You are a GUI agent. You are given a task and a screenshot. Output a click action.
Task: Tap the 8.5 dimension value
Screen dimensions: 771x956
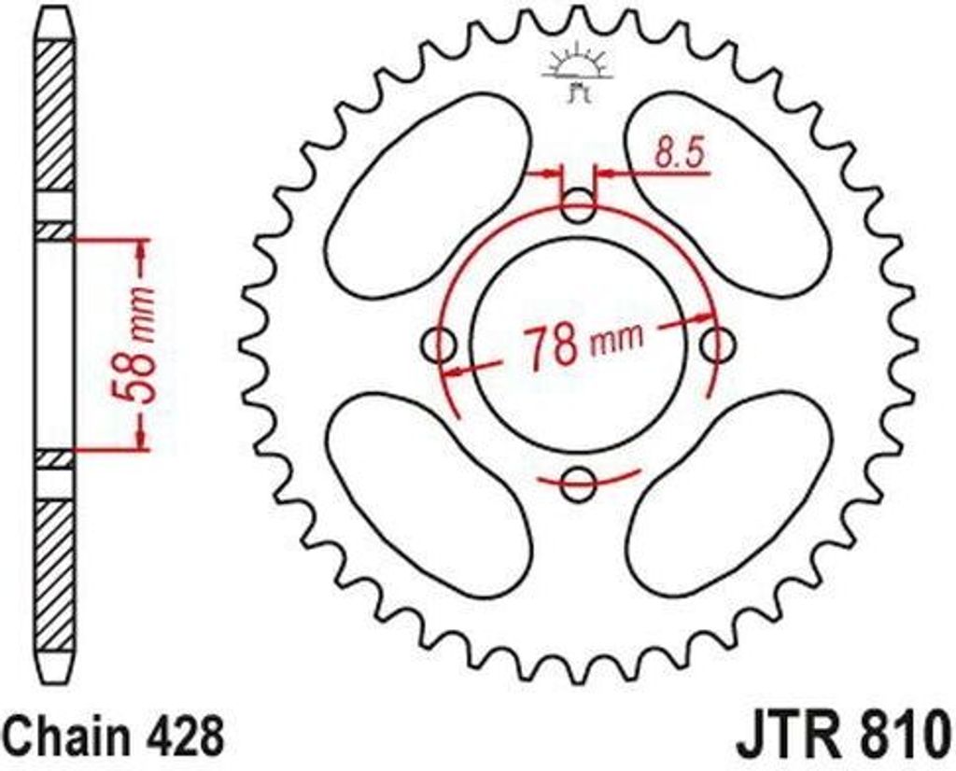(678, 154)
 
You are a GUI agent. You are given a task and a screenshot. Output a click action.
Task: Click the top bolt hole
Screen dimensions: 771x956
(579, 206)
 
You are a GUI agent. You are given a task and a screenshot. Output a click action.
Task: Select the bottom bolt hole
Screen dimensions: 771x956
(579, 483)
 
